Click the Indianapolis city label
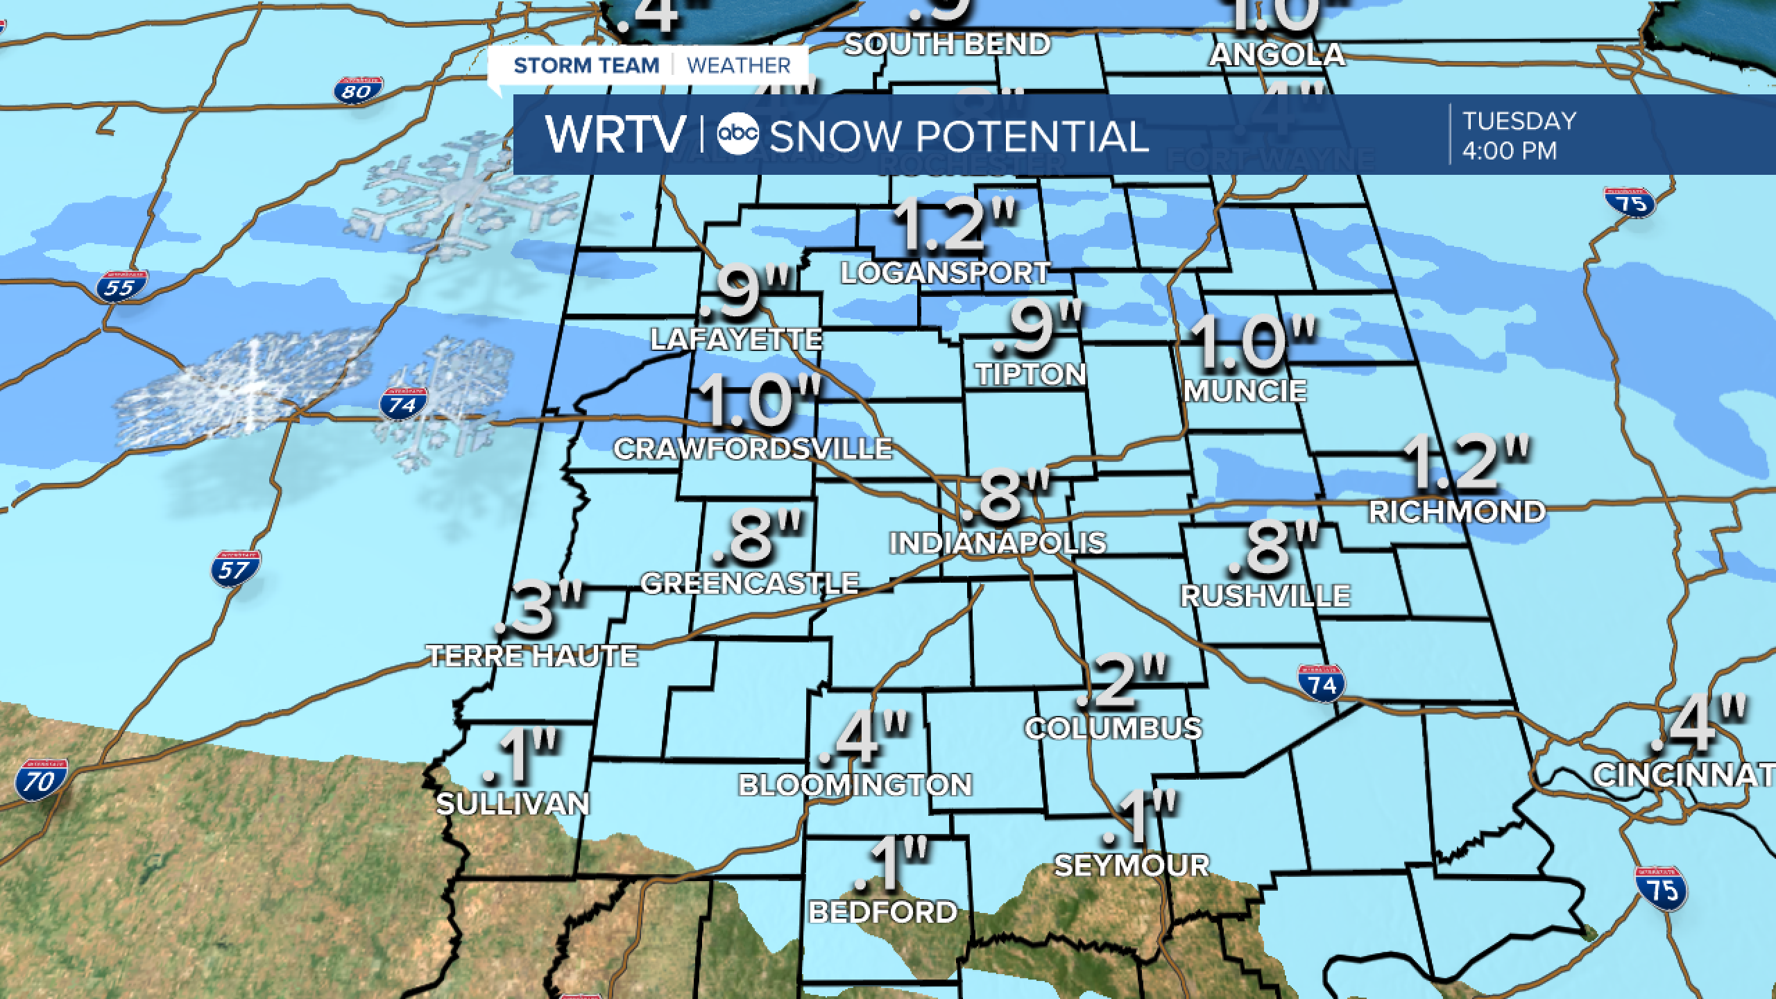998,543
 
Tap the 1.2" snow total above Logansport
956,225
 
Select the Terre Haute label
532,656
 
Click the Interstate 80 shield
358,91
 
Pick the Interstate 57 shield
236,569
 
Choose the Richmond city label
1457,512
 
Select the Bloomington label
855,785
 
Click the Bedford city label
883,912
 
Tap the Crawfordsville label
753,449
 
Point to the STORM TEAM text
586,65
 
